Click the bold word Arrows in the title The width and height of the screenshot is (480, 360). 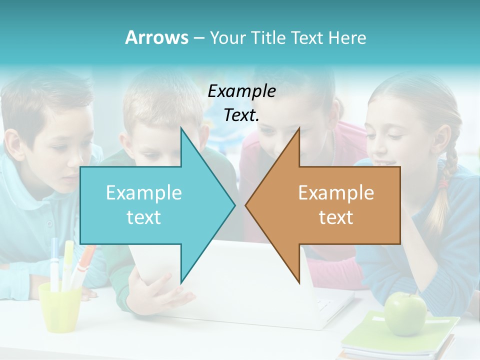tap(156, 37)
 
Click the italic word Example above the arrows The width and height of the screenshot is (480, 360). tap(241, 91)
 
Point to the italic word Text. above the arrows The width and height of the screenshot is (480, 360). tap(241, 115)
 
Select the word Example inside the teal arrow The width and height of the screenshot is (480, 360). tap(144, 192)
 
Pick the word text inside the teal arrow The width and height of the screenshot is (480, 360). tap(144, 217)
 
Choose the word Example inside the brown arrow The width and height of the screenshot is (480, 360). tap(336, 192)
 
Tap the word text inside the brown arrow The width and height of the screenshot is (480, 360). tap(336, 217)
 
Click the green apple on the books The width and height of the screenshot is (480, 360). tap(405, 313)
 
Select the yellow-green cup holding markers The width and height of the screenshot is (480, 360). tap(60, 307)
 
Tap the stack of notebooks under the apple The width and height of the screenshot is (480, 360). tap(400, 342)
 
